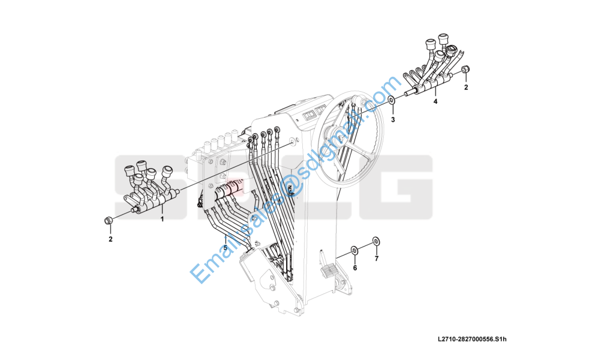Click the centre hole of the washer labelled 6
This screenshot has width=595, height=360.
[354, 250]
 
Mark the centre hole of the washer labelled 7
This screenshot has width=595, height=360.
[376, 241]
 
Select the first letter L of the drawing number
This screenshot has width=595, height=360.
[440, 339]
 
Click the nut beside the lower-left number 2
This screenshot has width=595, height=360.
[108, 220]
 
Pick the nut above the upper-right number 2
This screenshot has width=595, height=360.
[465, 69]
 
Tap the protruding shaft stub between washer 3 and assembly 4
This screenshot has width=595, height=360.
[409, 92]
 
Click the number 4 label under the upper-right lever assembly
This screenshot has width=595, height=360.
[435, 102]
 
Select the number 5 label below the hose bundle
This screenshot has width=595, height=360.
[225, 248]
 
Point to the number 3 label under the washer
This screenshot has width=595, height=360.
[393, 119]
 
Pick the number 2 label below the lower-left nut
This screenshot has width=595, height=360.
[110, 239]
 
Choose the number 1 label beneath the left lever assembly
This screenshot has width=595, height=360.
[163, 219]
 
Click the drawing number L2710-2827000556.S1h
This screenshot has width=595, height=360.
[472, 339]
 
